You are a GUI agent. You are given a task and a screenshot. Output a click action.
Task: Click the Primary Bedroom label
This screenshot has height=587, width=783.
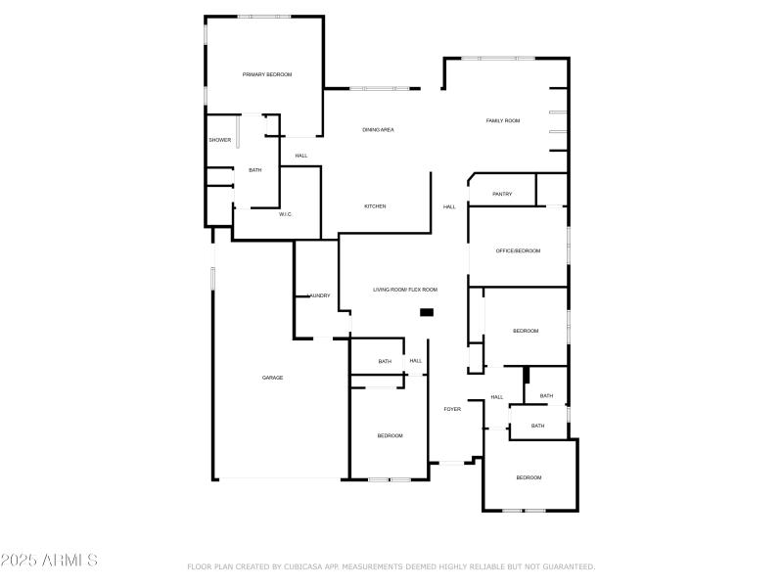[267, 74]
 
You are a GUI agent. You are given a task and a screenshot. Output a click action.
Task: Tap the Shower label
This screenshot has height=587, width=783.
[219, 140]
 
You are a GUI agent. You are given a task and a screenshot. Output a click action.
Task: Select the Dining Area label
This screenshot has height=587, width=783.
[378, 129]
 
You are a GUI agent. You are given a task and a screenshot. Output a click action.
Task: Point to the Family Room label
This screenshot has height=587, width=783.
[503, 120]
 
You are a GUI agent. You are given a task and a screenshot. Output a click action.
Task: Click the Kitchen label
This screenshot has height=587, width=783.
[375, 206]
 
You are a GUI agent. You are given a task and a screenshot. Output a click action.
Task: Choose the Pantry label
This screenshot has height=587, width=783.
[502, 194]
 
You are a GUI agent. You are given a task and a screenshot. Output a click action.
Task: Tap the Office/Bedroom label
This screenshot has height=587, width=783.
[518, 251]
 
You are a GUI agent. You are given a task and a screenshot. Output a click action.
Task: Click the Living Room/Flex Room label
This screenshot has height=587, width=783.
[404, 290]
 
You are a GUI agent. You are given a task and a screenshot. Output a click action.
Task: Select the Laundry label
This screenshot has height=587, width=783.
[319, 295]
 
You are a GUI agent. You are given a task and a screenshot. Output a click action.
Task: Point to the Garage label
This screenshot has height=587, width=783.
[272, 378]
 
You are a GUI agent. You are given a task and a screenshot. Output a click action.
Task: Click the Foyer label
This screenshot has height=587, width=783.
[452, 409]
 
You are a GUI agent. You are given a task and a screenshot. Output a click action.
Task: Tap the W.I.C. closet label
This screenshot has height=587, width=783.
[286, 214]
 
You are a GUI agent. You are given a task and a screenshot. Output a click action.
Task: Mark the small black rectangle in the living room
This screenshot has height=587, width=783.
[427, 312]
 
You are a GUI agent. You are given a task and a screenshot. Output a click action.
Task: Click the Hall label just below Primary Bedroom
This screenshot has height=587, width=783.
[300, 156]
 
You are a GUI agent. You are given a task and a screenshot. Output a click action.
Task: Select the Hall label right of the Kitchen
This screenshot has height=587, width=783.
[449, 206]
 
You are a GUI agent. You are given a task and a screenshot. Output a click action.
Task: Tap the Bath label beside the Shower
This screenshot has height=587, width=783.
[254, 170]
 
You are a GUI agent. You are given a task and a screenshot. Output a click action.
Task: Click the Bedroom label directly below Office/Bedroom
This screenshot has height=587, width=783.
[526, 331]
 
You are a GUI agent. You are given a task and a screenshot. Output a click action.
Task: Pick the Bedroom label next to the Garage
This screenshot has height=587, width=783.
[390, 435]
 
